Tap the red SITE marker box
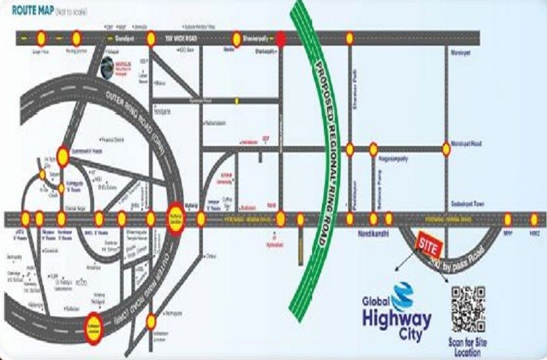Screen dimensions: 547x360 click(x=429, y=245)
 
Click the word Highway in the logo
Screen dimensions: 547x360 click(x=398, y=320)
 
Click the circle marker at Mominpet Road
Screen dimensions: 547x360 click(x=446, y=149)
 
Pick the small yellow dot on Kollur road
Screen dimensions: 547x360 click(x=237, y=101)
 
